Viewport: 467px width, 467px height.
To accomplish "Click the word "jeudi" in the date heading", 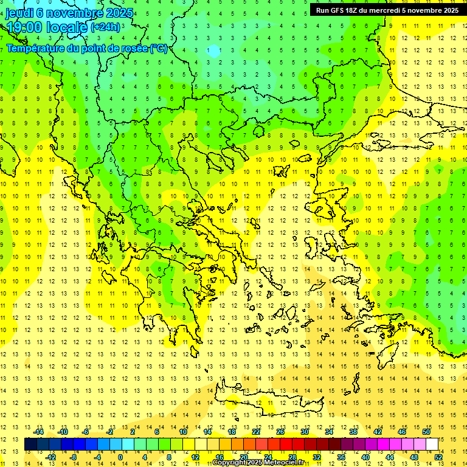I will pyautogui.click(x=19, y=13).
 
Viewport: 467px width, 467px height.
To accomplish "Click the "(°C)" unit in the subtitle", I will pyautogui.click(x=158, y=48).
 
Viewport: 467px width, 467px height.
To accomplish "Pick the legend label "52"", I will pyautogui.click(x=438, y=457).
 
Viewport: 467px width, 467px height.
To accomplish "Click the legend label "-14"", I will pyautogui.click(x=40, y=432).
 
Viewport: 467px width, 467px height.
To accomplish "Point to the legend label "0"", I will pyautogui.click(x=120, y=457).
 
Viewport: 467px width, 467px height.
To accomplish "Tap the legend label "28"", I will pyautogui.click(x=292, y=457).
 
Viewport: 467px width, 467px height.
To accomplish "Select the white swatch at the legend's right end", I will pyautogui.click(x=432, y=445).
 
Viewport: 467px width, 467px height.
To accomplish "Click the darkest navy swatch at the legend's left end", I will pyautogui.click(x=30, y=445).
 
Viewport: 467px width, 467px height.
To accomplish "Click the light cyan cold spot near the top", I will pyautogui.click(x=213, y=51).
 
